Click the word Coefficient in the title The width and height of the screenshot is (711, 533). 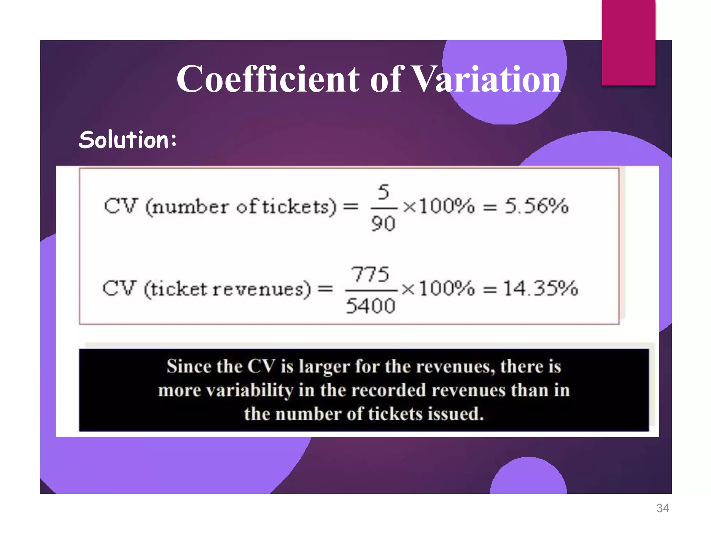point(268,79)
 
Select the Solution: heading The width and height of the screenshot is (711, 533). point(128,140)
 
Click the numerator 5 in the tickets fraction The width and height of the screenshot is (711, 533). point(383,192)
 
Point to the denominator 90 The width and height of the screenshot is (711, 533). point(383,223)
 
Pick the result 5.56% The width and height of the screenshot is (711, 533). point(537,206)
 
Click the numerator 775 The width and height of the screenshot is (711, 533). point(370,274)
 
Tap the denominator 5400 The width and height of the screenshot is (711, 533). point(370,306)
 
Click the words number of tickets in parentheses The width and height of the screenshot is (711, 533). point(241,207)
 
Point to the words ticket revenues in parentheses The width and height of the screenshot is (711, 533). point(227,289)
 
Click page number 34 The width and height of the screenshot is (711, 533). point(662,508)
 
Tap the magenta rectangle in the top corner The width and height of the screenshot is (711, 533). point(628,42)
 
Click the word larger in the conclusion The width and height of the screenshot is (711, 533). point(324,367)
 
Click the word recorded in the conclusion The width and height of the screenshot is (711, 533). point(388,390)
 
